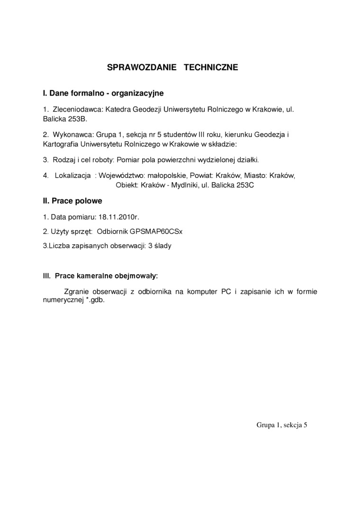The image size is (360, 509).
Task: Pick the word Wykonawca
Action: coord(71,135)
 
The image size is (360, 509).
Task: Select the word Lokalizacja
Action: coord(72,176)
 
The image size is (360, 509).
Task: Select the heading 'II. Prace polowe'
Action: coord(72,201)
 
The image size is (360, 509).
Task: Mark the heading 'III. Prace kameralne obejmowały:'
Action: coord(100,275)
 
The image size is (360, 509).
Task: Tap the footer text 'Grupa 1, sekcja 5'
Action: coord(282,425)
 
